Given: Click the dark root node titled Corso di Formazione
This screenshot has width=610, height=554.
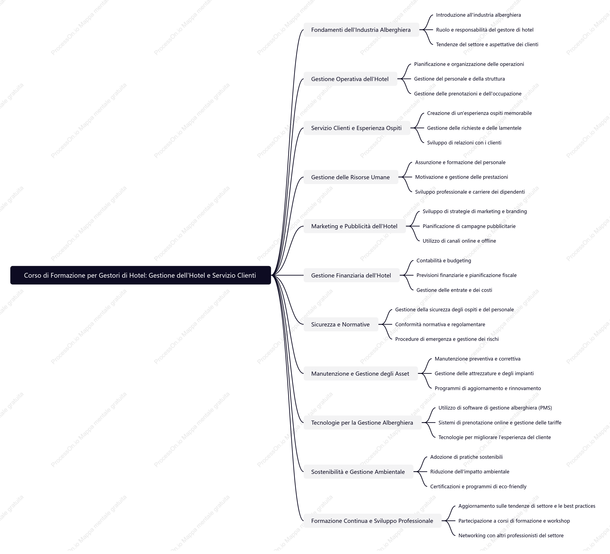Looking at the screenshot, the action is tap(140, 275).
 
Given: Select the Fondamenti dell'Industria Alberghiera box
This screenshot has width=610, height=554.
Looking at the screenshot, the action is tap(361, 30).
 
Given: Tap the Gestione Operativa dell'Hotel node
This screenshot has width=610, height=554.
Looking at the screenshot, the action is tap(350, 79).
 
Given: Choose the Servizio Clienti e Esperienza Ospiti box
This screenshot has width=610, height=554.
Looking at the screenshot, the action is tap(357, 128).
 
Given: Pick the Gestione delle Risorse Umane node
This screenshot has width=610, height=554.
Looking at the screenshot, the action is tap(351, 177).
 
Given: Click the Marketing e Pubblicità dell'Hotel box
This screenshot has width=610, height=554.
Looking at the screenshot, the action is tap(355, 226).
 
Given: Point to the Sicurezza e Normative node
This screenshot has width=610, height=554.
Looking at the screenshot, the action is tap(341, 324).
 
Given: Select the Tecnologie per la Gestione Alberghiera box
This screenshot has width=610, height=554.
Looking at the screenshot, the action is tap(362, 422).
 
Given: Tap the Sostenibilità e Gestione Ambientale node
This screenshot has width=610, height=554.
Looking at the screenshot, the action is tap(358, 472).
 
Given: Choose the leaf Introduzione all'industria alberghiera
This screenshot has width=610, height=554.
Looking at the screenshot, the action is tap(478, 15).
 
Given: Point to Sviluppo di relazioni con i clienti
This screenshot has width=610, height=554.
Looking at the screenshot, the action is tap(464, 143).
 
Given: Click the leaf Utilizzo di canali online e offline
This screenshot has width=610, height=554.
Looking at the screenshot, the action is tap(459, 241).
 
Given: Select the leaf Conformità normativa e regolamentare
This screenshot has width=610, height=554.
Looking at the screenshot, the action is tap(440, 324).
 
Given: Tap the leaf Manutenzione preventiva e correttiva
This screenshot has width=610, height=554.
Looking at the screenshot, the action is tap(477, 359).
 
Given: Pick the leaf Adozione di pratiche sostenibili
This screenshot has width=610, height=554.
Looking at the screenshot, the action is tap(466, 457).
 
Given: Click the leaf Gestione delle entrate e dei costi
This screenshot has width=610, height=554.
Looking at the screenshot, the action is tap(454, 290).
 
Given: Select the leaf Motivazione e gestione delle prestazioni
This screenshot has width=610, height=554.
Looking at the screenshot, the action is tap(461, 177).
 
